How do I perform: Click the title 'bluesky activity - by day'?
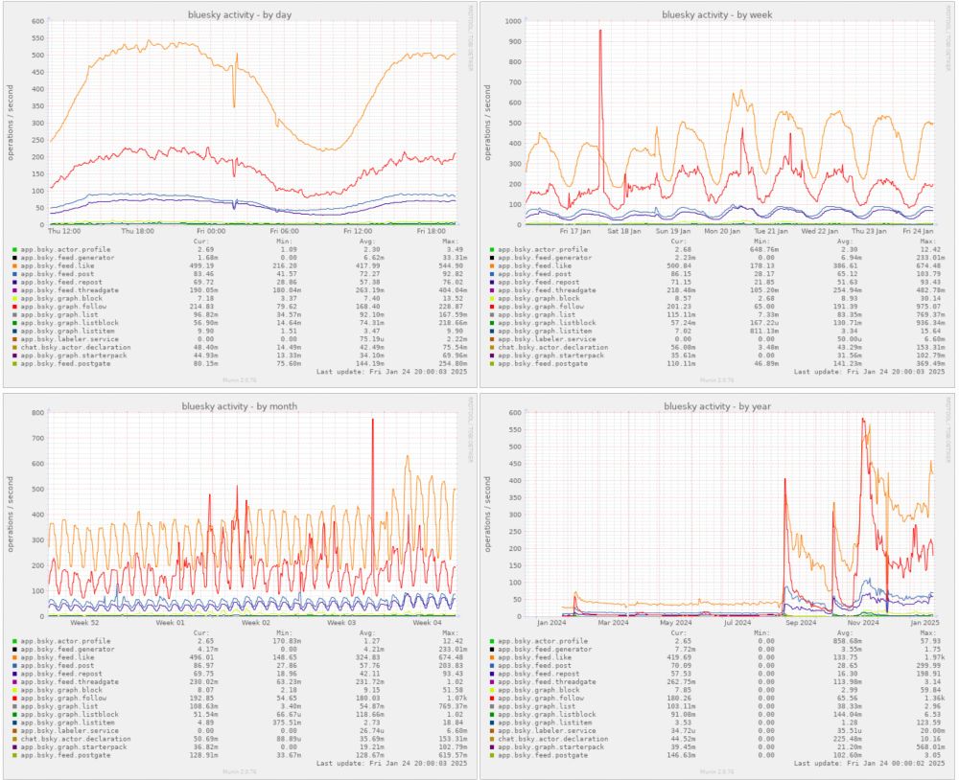240,14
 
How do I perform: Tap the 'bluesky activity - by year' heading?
717,406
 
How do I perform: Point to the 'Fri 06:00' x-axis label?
285,231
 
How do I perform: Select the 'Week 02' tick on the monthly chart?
256,623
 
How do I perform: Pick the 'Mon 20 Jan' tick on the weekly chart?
724,231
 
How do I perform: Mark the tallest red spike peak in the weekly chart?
600,31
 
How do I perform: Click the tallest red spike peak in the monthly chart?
372,420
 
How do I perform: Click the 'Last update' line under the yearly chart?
869,762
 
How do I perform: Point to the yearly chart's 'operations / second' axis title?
488,508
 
